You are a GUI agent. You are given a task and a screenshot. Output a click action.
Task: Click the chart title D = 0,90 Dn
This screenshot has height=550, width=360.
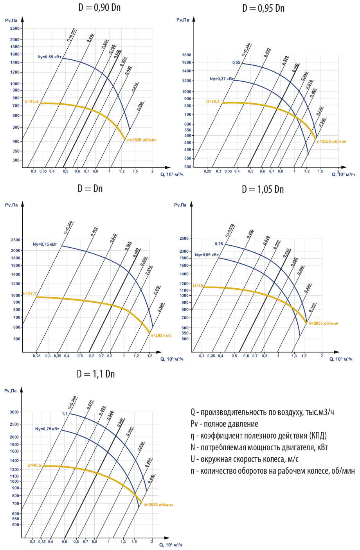[99, 7]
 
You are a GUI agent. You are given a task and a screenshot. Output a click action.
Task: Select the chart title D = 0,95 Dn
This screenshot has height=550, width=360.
[263, 8]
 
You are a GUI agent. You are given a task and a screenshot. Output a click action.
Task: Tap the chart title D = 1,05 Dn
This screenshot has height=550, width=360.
[263, 189]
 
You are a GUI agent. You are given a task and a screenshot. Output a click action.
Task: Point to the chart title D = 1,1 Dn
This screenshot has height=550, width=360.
[96, 374]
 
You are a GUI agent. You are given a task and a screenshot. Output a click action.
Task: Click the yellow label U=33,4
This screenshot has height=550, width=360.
[32, 102]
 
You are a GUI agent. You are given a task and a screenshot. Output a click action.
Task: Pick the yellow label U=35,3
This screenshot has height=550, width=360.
[213, 101]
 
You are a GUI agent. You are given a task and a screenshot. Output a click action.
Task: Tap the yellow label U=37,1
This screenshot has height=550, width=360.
[29, 293]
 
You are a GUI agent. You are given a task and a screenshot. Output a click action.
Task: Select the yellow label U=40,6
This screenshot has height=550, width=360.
[34, 466]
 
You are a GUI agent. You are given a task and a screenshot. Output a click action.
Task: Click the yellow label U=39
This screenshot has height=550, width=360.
[198, 286]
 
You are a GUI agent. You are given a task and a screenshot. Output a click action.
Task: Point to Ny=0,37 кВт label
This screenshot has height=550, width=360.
[221, 79]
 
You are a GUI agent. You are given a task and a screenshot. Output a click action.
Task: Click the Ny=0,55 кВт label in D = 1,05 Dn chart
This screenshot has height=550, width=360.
[207, 255]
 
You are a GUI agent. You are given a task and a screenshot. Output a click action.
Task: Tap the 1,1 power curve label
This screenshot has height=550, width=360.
[65, 413]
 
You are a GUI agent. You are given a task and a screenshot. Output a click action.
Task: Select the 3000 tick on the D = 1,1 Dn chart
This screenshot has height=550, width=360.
[14, 412]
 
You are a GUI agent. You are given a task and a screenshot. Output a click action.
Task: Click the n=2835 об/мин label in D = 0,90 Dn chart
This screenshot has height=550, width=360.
[142, 140]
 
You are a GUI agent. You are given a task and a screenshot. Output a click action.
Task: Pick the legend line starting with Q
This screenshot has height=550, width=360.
[262, 412]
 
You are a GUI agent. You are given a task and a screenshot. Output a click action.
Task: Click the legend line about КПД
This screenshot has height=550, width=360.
[258, 435]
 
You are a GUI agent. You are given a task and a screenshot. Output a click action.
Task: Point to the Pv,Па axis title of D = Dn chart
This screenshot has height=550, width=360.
[11, 205]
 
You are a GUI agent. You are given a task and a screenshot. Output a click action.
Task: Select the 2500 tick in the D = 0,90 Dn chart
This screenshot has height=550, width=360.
[15, 28]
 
